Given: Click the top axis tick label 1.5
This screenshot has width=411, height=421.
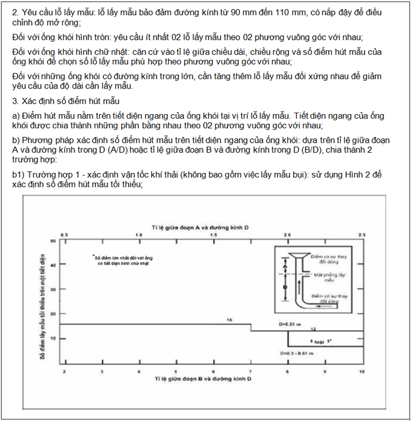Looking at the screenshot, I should pyautogui.click(x=213, y=234).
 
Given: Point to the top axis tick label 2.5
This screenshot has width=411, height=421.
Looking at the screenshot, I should pyautogui.click(x=362, y=234).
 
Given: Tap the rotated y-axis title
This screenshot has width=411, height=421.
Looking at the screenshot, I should pyautogui.click(x=45, y=302).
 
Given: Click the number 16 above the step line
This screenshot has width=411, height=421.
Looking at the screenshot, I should pyautogui.click(x=229, y=320).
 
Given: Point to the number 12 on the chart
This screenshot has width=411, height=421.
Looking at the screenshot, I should pyautogui.click(x=314, y=328).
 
